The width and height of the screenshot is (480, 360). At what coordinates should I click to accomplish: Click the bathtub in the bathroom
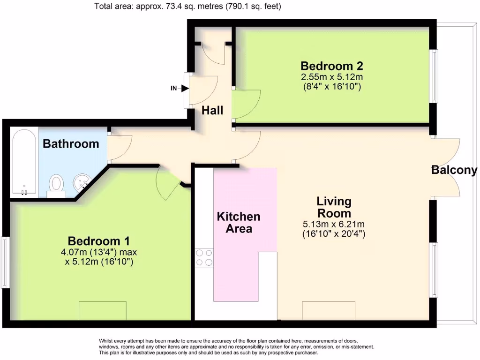pyautogui.click(x=24, y=162)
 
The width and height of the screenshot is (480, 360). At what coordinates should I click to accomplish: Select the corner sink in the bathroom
pyautogui.click(x=82, y=182)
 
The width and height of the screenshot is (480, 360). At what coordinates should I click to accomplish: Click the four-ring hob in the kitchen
pyautogui.click(x=204, y=258)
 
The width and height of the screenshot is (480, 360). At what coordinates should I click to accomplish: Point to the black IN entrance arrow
pyautogui.click(x=185, y=89)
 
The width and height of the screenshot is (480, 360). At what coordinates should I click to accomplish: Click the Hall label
pyautogui.click(x=212, y=111)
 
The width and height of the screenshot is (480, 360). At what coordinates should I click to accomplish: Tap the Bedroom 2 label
pyautogui.click(x=332, y=66)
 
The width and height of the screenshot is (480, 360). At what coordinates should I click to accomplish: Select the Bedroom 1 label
pyautogui.click(x=98, y=241)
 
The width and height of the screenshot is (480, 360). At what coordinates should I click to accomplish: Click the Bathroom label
pyautogui.click(x=71, y=144)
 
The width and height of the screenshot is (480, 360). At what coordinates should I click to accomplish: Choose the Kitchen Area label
pyautogui.click(x=239, y=223)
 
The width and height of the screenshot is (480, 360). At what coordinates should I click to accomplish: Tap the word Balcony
pyautogui.click(x=454, y=170)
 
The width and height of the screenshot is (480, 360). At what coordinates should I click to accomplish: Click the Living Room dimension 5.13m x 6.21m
pyautogui.click(x=334, y=225)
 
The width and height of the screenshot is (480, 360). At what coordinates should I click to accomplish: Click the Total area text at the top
pyautogui.click(x=187, y=6)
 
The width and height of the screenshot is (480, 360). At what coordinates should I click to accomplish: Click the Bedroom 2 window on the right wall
pyautogui.click(x=434, y=76)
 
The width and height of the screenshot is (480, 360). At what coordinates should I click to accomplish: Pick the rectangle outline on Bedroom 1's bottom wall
pyautogui.click(x=103, y=311)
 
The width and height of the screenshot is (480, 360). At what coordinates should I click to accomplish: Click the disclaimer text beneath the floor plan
pyautogui.click(x=236, y=347)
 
